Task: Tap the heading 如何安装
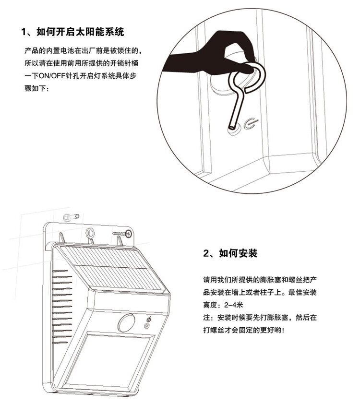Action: [x=238, y=253]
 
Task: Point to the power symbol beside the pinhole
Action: [x=249, y=124]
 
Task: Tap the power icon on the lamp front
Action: [x=148, y=319]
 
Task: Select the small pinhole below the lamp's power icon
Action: [x=147, y=327]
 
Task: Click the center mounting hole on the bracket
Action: [x=90, y=233]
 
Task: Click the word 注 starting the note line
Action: [x=207, y=318]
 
